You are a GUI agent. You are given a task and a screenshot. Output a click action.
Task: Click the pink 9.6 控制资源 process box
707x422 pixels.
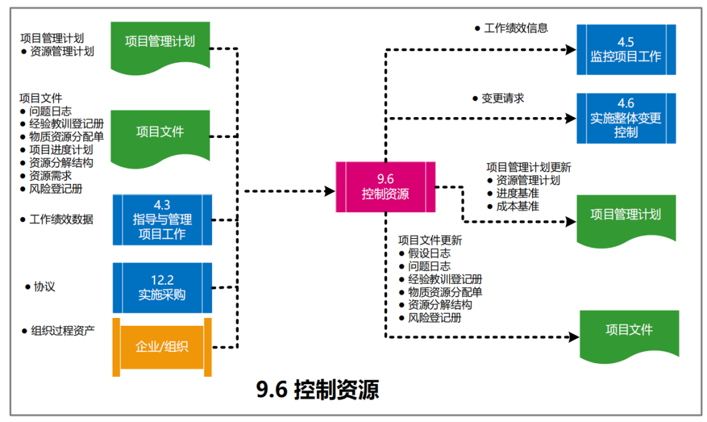[386, 186]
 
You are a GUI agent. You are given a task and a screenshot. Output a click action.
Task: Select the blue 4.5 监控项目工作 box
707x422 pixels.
[626, 50]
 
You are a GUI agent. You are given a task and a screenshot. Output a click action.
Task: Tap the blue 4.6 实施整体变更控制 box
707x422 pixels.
[626, 118]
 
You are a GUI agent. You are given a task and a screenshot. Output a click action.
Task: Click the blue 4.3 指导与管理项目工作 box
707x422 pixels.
[162, 219]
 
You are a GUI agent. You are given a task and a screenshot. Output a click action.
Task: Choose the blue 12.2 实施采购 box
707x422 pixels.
[162, 288]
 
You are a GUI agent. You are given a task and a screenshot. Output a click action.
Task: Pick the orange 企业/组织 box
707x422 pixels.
[162, 347]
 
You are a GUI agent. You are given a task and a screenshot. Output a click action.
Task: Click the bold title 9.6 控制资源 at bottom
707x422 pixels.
[317, 390]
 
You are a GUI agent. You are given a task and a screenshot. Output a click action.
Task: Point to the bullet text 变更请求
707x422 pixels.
[503, 98]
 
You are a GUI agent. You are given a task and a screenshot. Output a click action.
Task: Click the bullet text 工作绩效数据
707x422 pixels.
[62, 219]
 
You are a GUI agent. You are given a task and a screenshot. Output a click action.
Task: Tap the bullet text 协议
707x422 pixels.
[44, 287]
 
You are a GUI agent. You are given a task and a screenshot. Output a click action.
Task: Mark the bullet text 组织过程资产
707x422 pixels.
[63, 330]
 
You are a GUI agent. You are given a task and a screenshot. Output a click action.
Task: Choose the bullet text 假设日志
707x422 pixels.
[429, 253]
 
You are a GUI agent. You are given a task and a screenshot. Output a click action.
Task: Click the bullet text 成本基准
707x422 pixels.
[518, 206]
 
